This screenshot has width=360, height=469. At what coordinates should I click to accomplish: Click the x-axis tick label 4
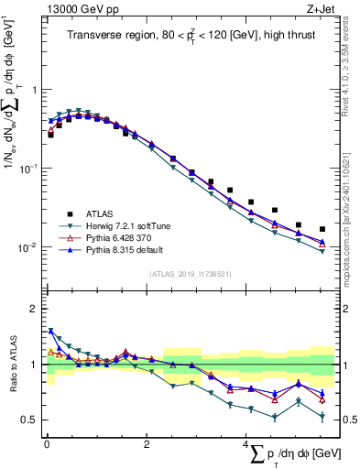pyautogui.click(x=245, y=444)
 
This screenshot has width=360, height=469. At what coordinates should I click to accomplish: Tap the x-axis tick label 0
pyautogui.click(x=46, y=444)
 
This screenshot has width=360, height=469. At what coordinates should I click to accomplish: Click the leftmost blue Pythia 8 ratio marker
pyautogui.click(x=50, y=331)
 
